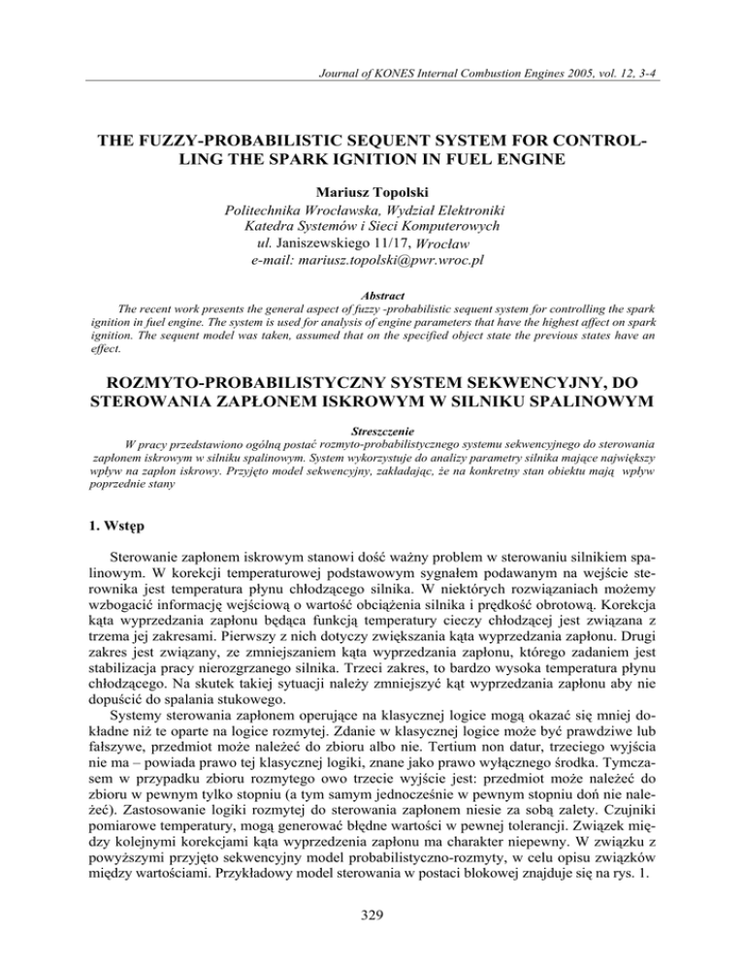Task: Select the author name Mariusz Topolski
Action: pos(372,165)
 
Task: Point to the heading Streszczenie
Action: pos(372,425)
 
